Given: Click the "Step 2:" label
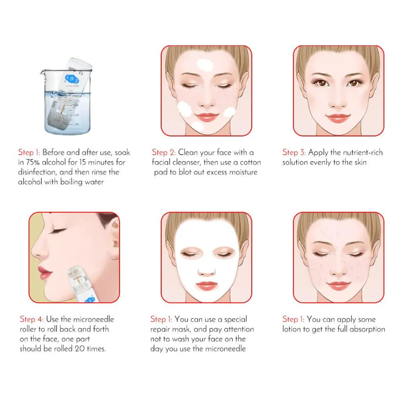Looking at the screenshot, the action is tap(163, 152).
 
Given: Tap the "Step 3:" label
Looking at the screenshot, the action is tap(294, 152).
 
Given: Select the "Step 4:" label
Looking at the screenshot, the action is tap(32, 319).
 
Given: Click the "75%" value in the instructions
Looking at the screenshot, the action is tap(33, 162).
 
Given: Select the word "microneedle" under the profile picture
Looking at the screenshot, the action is tap(93, 319).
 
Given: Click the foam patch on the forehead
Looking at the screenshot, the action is tap(205, 65).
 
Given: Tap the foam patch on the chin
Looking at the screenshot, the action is tap(198, 126).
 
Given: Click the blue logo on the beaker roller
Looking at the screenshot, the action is tap(71, 78).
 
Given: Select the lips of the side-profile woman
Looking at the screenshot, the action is tap(44, 272).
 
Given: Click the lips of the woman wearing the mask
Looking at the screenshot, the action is tap(206, 285).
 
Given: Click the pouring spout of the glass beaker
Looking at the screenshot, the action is tap(43, 72).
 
